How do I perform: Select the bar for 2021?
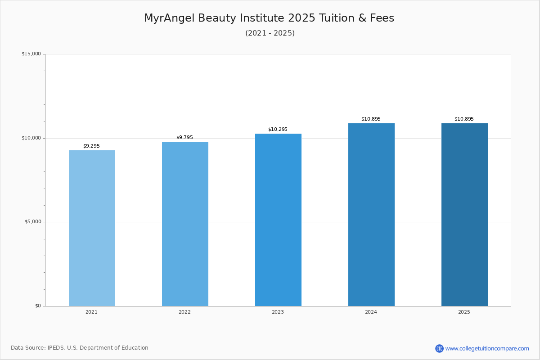click(x=92, y=228)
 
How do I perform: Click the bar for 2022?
click(x=185, y=224)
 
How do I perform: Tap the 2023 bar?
click(x=278, y=220)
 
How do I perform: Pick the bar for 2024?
click(x=371, y=215)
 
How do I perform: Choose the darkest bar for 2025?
click(x=464, y=215)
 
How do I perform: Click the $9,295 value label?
click(x=91, y=146)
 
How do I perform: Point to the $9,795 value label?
click(x=184, y=137)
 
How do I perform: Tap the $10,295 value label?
click(x=278, y=129)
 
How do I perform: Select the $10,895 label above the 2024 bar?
click(x=371, y=119)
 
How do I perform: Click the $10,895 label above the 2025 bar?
click(x=464, y=119)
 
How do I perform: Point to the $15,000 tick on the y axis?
click(x=31, y=54)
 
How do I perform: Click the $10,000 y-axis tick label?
click(x=31, y=138)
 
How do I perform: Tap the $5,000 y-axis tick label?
click(x=33, y=221)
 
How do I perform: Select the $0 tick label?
click(x=38, y=306)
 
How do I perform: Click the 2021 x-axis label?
click(x=91, y=312)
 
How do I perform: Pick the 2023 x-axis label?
click(x=278, y=312)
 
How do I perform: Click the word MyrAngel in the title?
click(x=169, y=18)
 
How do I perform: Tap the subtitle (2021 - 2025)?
click(x=270, y=33)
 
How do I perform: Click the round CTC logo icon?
click(x=439, y=348)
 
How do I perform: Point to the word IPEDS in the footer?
click(x=56, y=348)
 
